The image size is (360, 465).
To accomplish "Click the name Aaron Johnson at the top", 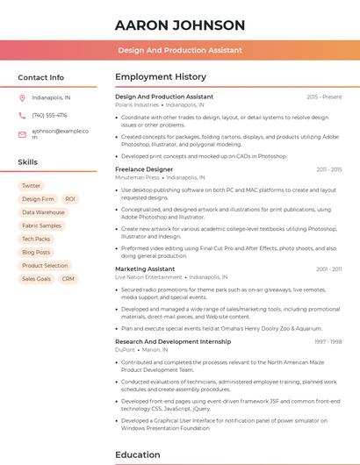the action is [180, 25].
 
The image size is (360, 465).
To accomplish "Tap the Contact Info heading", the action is [40, 77].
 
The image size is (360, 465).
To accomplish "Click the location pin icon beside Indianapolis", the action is [22, 97].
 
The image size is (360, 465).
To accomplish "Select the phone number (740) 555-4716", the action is [49, 115].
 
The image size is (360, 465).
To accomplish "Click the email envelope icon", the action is [22, 134].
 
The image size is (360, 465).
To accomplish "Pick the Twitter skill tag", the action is [31, 186].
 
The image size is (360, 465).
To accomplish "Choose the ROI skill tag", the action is [70, 199].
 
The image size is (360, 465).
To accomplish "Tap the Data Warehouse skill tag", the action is [43, 212].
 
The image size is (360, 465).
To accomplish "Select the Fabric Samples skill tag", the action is [41, 225].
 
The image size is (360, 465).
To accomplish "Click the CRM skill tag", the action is [68, 278].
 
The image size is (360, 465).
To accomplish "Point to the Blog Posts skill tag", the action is [36, 252].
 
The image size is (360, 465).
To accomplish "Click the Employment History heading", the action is [161, 77].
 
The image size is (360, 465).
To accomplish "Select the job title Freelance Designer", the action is [144, 168].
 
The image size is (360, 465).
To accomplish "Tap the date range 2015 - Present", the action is [324, 97].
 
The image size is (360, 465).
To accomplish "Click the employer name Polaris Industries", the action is [137, 104].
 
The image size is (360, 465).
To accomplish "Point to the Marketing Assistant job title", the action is [145, 268].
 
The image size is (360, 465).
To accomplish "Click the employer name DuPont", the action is [126, 349].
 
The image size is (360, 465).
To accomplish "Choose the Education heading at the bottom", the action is [137, 454].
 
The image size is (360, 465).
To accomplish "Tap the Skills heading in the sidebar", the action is [28, 162].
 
